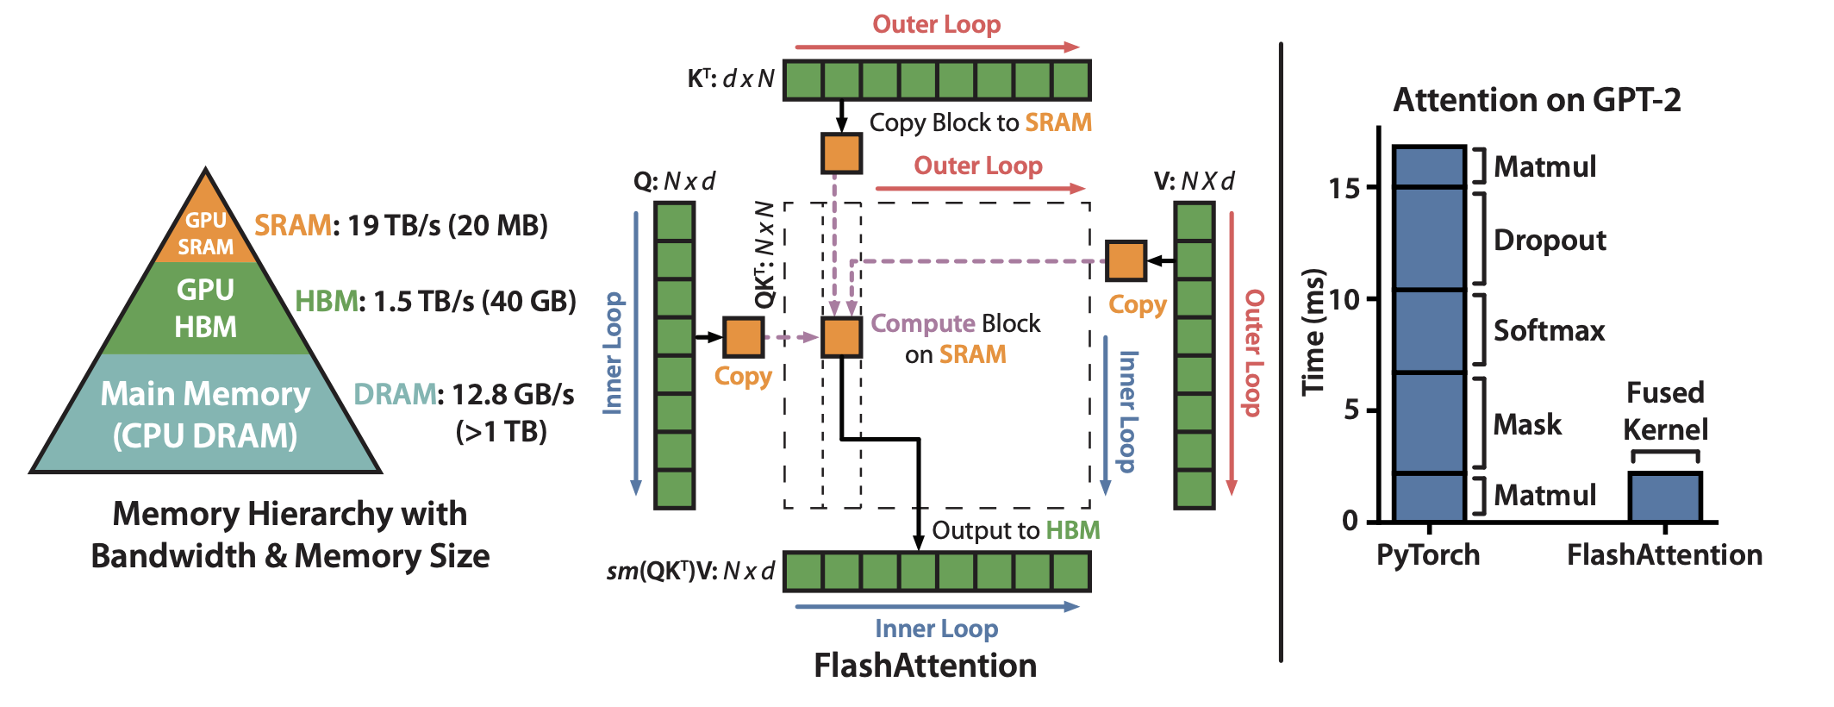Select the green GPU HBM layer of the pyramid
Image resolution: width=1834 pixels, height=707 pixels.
(206, 308)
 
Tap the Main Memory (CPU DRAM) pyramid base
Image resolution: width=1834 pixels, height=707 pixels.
(205, 415)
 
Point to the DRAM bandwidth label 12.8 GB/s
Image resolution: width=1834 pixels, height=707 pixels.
(513, 395)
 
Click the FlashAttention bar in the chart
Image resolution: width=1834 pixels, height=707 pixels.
(1664, 497)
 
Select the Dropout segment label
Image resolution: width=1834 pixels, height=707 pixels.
(1549, 240)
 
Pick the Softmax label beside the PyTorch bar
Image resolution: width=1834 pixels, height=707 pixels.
(1549, 331)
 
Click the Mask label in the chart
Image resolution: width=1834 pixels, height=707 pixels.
(1526, 424)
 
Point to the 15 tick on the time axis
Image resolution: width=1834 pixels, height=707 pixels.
(1344, 188)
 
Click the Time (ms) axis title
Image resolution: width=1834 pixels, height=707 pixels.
(1313, 332)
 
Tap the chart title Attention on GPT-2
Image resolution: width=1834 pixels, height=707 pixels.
(1537, 101)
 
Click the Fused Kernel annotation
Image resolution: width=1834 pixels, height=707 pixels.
(1664, 411)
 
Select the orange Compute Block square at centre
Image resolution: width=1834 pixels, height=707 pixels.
(841, 337)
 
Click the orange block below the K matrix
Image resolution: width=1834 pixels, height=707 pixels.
(841, 153)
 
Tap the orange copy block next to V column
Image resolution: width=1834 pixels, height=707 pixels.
(1126, 260)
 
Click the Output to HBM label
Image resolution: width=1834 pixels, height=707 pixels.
(1015, 530)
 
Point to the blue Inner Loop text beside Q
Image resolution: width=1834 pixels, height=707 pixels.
(613, 353)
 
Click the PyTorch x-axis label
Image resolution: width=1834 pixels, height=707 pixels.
(1427, 554)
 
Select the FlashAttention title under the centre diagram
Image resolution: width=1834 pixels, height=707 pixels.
(925, 666)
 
